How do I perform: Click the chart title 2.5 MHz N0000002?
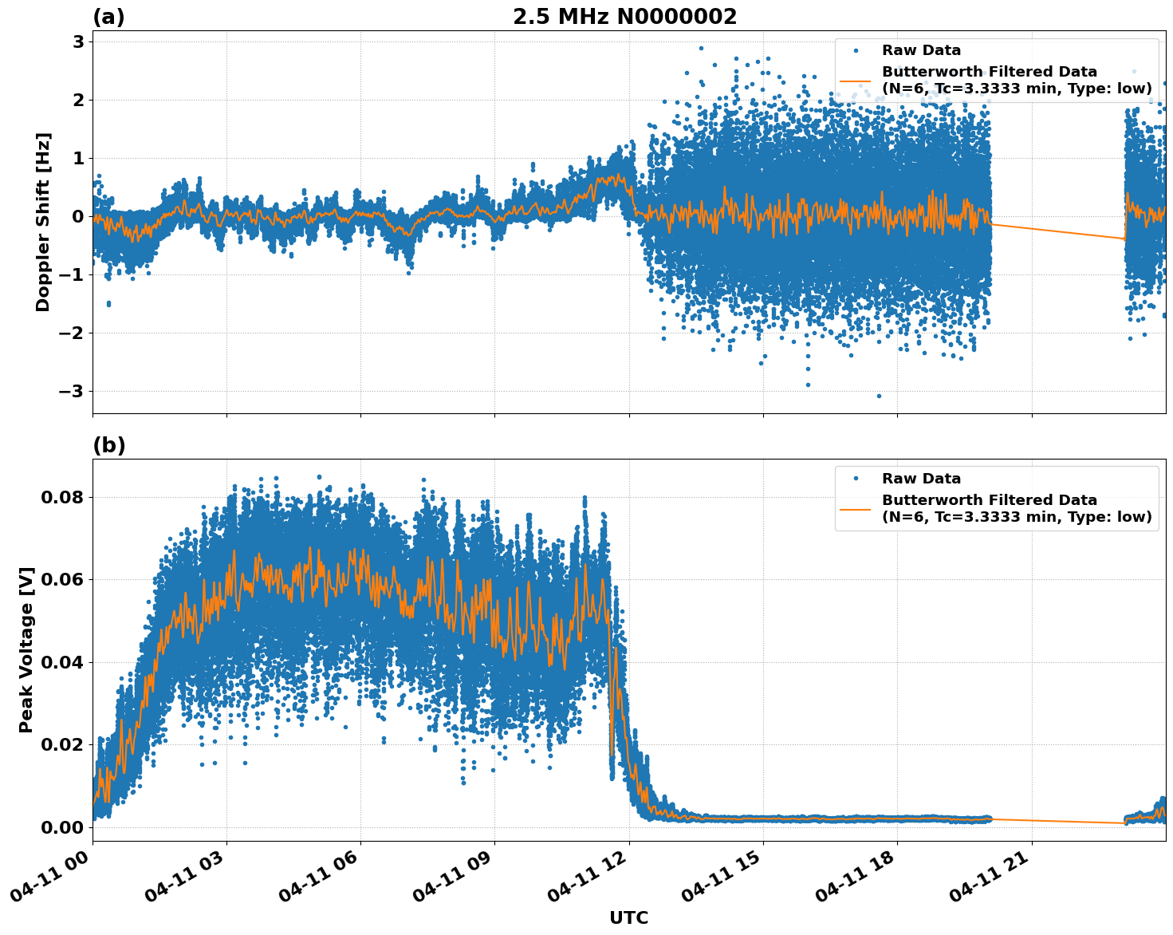coord(624,17)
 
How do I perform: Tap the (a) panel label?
coord(108,17)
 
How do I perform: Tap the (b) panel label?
coord(108,445)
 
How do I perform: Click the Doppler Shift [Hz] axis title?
coord(43,222)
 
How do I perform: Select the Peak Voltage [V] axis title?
coord(26,649)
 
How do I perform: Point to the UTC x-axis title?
coord(628,917)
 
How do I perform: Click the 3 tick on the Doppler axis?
coord(78,41)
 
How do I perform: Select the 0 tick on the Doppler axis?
coord(78,216)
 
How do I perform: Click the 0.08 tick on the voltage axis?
coord(62,497)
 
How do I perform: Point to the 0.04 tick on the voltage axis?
coord(62,662)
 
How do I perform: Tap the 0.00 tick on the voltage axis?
coord(62,827)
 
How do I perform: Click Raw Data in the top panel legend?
coord(921,50)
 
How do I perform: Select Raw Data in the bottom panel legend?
coord(921,479)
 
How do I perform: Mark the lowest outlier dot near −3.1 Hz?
coord(880,396)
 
